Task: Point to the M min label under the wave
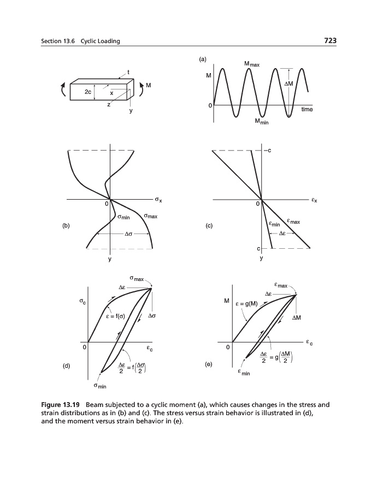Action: click(x=262, y=121)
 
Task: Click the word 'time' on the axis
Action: click(x=307, y=110)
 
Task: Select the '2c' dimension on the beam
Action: click(x=88, y=93)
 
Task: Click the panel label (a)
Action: click(x=203, y=58)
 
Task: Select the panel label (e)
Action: click(x=208, y=364)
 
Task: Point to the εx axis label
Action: click(x=314, y=201)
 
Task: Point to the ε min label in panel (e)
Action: click(x=243, y=374)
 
